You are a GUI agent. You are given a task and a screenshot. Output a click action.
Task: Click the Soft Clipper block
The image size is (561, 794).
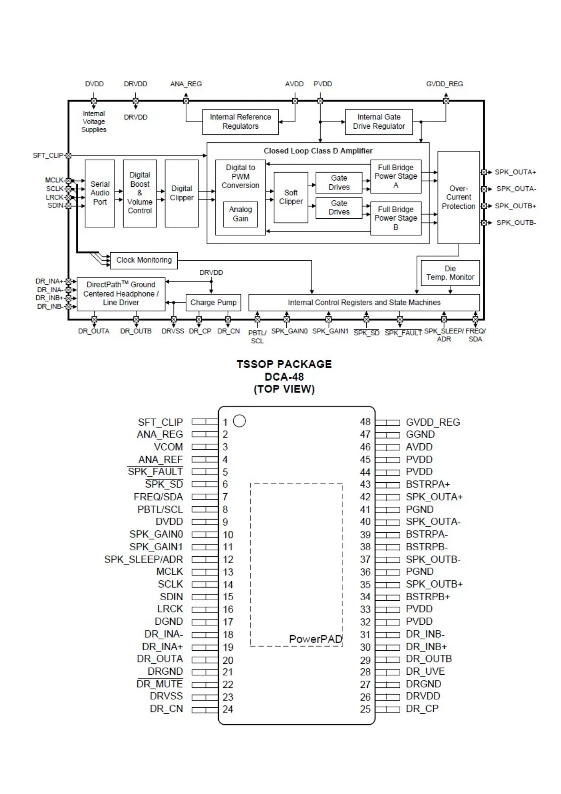pos(291,197)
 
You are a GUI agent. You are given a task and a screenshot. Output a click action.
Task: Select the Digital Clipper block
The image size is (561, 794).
pos(181,193)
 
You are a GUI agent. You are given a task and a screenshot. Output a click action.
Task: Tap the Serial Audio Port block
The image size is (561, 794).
pos(99,193)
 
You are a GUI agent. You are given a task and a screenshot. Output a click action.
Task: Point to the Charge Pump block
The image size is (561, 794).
pos(213,303)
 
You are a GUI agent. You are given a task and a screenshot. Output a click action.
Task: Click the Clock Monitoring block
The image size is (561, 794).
pos(144,260)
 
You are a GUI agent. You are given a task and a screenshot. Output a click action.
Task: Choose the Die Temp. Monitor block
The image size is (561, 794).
pos(450,273)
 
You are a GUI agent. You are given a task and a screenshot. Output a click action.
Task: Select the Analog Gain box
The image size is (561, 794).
pos(240,214)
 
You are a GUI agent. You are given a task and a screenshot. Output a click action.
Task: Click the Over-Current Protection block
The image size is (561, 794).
pos(458,197)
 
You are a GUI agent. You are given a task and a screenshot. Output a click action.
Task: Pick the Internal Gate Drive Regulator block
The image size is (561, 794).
pos(379,122)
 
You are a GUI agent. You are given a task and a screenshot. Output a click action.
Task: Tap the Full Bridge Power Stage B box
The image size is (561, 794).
pos(396,218)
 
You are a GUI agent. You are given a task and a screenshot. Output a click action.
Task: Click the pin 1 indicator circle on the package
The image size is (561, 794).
pos(239,421)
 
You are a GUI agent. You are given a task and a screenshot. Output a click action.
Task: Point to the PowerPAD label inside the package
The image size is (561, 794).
pos(315,639)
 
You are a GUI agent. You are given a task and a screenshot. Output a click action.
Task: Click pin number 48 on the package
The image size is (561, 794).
pos(365,422)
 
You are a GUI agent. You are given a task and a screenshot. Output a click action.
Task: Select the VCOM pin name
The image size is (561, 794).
pos(168,447)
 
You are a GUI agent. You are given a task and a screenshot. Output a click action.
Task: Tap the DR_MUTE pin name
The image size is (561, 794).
pos(159,684)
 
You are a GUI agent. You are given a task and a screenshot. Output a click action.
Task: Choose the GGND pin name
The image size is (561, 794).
pos(420,434)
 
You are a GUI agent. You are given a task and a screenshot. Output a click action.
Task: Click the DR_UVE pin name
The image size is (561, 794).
pos(425,671)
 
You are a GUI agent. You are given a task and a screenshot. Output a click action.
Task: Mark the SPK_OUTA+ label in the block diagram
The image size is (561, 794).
pos(515,172)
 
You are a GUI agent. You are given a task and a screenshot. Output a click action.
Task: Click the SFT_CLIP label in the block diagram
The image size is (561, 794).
pos(48,156)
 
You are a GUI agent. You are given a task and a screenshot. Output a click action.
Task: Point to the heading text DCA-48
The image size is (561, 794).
pos(284,377)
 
